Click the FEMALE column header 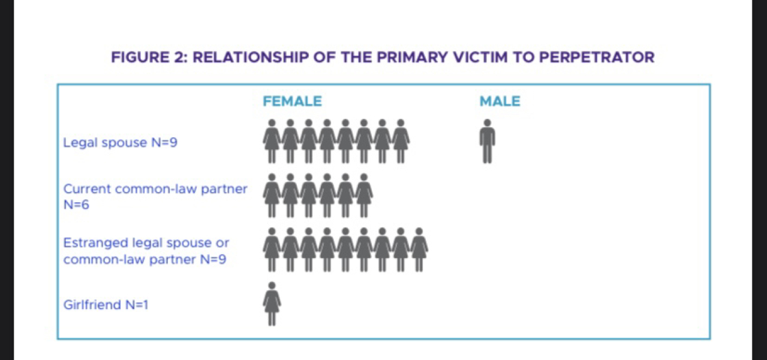(292, 101)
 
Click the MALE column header (500, 101)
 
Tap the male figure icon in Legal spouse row (488, 141)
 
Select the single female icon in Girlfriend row (272, 304)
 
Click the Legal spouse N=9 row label (120, 142)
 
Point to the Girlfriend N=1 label (106, 305)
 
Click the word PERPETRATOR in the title (597, 57)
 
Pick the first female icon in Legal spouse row (272, 141)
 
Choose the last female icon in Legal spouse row (401, 141)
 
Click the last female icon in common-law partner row (363, 195)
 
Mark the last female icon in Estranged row (419, 250)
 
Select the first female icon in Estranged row (272, 250)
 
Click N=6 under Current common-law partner (76, 205)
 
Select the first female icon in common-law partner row (272, 195)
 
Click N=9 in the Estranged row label (213, 259)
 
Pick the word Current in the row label (87, 189)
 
